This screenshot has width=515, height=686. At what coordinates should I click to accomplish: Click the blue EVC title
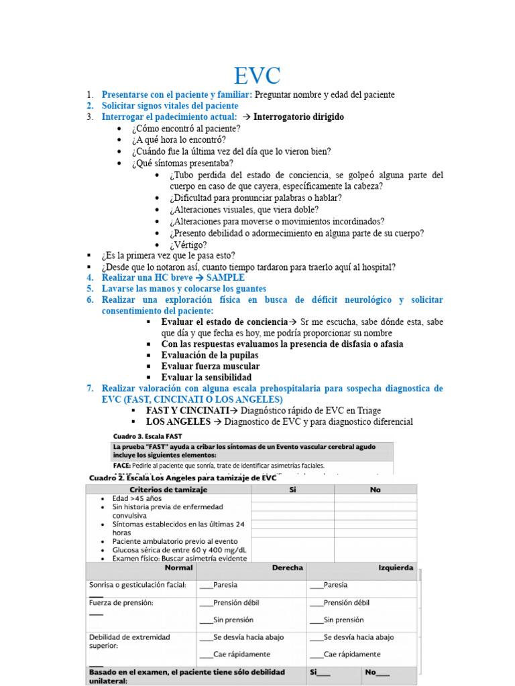click(257, 74)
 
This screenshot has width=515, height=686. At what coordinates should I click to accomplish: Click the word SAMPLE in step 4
click(225, 277)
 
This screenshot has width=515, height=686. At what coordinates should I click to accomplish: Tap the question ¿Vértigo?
click(188, 245)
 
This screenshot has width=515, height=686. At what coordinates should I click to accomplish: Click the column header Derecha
click(287, 567)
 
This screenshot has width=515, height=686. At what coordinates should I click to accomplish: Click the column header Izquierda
click(396, 567)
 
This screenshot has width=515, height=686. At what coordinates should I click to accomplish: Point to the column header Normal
click(179, 567)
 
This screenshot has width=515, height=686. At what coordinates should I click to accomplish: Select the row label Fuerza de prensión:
click(121, 602)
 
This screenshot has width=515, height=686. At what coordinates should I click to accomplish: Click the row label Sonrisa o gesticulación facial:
click(137, 584)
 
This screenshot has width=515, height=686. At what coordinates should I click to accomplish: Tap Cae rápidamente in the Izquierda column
click(351, 654)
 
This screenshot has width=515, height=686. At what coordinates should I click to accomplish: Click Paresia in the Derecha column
click(225, 584)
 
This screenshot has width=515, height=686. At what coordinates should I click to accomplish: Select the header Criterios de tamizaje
click(168, 490)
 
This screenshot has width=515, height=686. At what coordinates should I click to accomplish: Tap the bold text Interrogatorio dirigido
click(298, 117)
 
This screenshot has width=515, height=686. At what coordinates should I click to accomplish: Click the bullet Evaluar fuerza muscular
click(211, 366)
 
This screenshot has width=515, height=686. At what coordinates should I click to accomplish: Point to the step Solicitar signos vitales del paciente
click(170, 106)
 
